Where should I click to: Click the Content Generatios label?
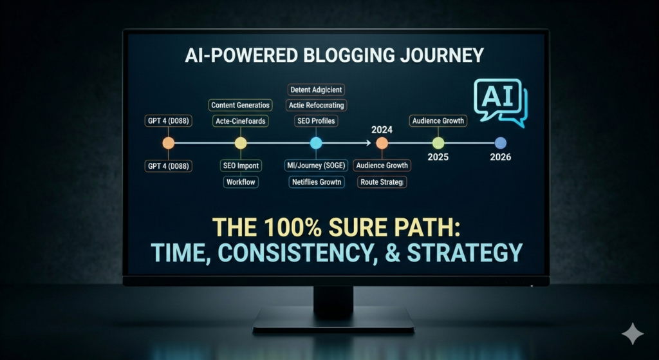(241, 104)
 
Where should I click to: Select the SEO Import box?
(239, 166)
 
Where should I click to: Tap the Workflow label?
(240, 182)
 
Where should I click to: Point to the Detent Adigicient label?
(316, 90)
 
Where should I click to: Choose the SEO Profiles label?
(316, 120)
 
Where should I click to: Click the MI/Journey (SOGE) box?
(317, 166)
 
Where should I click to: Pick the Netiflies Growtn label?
(316, 182)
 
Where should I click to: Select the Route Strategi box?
(382, 182)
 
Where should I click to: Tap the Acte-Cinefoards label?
(240, 120)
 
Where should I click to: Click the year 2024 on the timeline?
(382, 128)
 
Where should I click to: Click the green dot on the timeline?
(438, 144)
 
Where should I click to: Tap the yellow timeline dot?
(240, 144)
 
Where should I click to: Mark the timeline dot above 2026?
(501, 144)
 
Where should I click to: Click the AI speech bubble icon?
(499, 101)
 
